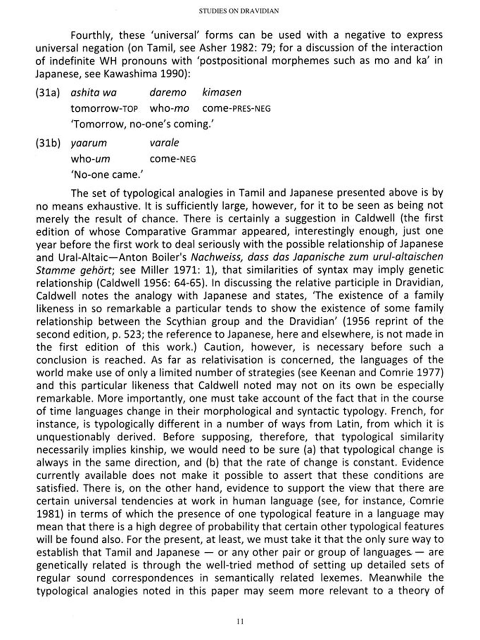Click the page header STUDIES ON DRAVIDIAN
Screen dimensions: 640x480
tap(239, 11)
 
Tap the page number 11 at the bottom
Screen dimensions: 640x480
tap(240, 621)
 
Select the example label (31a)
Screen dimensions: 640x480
tap(48, 92)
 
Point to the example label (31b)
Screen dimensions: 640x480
tap(48, 143)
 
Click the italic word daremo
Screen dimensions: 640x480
tap(168, 92)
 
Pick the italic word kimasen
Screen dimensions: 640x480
tap(222, 92)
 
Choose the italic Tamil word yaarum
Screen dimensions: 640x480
tap(89, 143)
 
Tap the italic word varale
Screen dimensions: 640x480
tap(164, 143)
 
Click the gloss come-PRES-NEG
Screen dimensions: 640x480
tap(236, 108)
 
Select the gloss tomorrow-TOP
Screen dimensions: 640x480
tap(104, 108)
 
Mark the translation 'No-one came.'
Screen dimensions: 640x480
tap(107, 174)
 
